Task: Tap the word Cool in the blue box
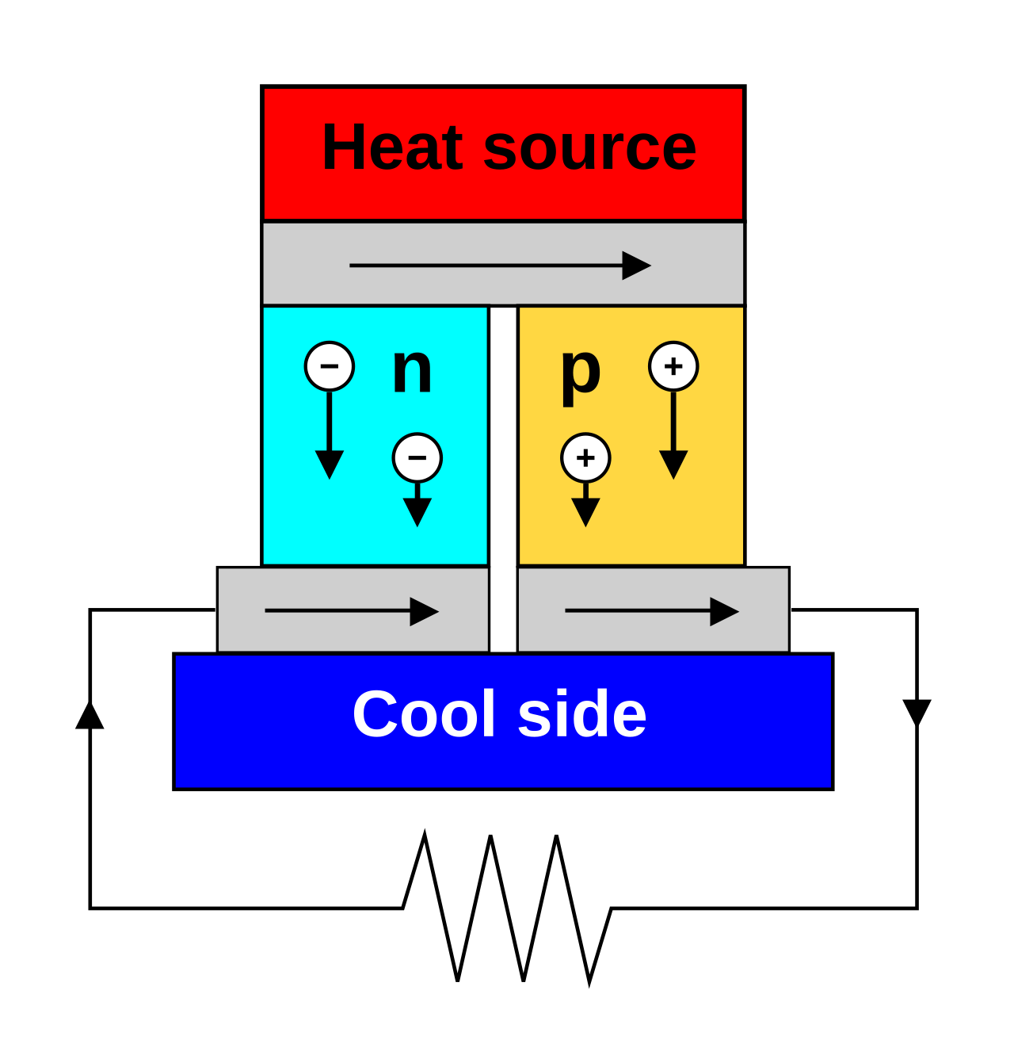pos(424,714)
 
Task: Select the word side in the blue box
pos(581,714)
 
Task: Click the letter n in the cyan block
pos(412,369)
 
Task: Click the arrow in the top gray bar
pos(499,266)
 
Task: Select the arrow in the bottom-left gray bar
pos(351,611)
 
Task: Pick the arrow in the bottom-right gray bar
pos(651,611)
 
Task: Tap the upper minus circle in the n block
pos(330,366)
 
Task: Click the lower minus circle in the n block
pos(417,457)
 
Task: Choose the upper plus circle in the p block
pos(673,366)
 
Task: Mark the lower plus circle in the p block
pos(585,457)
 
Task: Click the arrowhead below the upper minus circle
pos(330,464)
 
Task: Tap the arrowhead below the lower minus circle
pos(417,511)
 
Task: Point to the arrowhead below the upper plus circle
pos(673,464)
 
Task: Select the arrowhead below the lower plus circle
pos(585,511)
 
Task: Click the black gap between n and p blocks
pos(503,436)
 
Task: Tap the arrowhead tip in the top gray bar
pos(648,266)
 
